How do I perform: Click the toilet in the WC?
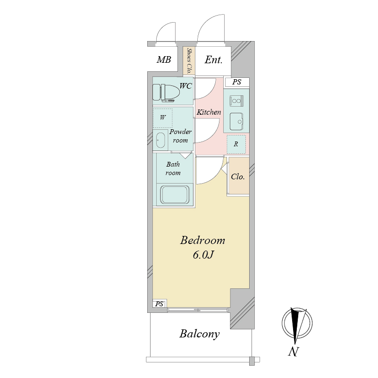166,93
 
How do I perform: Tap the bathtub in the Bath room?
175,195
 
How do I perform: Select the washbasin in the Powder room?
160,140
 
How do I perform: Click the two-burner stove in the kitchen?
236,101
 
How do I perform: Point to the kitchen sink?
236,121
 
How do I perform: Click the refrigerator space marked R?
236,144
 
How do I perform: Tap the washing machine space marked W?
163,118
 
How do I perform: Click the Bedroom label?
202,240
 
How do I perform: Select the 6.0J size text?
203,255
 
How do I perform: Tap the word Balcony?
199,334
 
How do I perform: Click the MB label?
164,59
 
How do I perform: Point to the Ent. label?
213,60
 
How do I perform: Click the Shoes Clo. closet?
189,61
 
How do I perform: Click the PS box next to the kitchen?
237,82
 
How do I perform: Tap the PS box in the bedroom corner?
159,304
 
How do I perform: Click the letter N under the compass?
294,352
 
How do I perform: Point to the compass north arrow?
294,326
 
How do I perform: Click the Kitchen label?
209,112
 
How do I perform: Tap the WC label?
185,86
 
